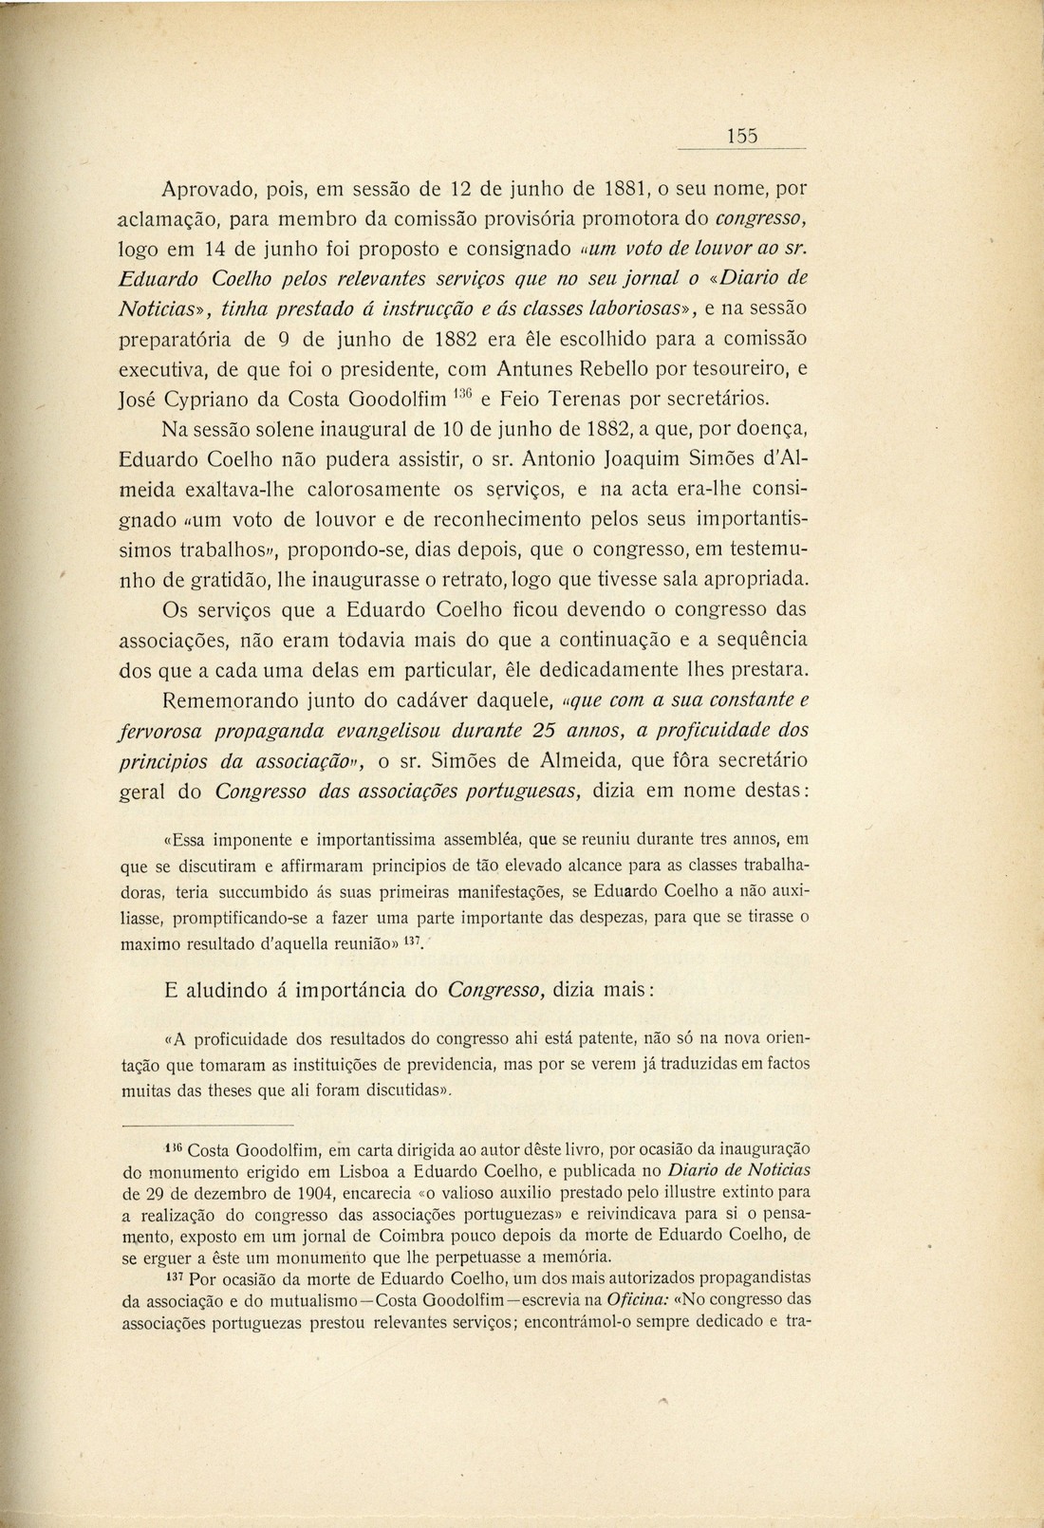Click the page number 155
coord(742,136)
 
